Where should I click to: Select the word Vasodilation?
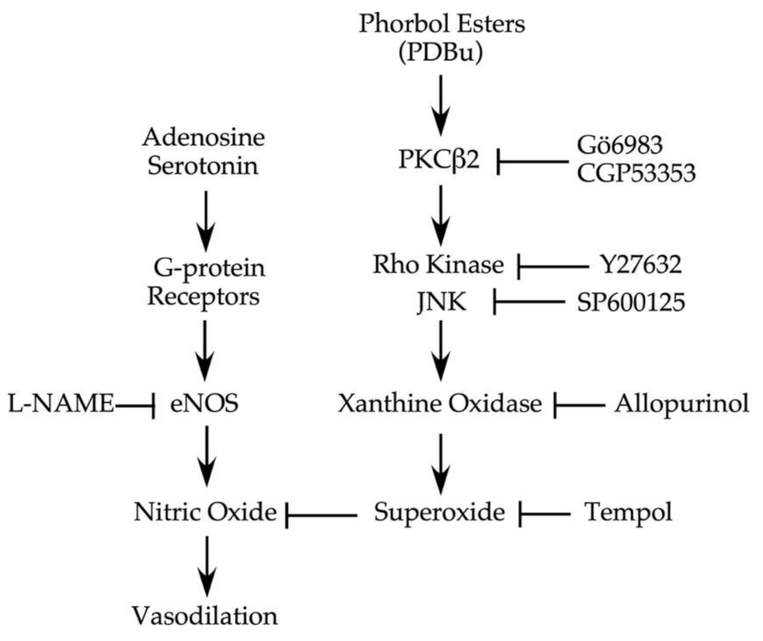click(x=205, y=615)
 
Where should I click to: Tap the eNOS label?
click(x=204, y=404)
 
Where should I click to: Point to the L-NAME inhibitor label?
click(x=60, y=404)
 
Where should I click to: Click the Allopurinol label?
click(x=682, y=404)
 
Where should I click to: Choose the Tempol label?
click(x=628, y=512)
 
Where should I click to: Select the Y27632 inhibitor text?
click(x=641, y=265)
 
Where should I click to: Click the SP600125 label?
click(x=630, y=302)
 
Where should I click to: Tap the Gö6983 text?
click(x=619, y=145)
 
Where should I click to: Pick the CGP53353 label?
click(x=636, y=173)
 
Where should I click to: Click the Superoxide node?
click(x=439, y=512)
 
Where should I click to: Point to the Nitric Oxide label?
click(x=205, y=512)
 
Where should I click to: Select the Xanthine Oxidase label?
click(x=439, y=404)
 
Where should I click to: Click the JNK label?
click(x=441, y=302)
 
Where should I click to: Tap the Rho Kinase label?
click(x=438, y=265)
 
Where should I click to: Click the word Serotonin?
click(x=203, y=166)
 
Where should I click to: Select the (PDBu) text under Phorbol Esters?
click(x=440, y=53)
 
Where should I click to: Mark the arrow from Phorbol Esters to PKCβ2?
click(x=440, y=105)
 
